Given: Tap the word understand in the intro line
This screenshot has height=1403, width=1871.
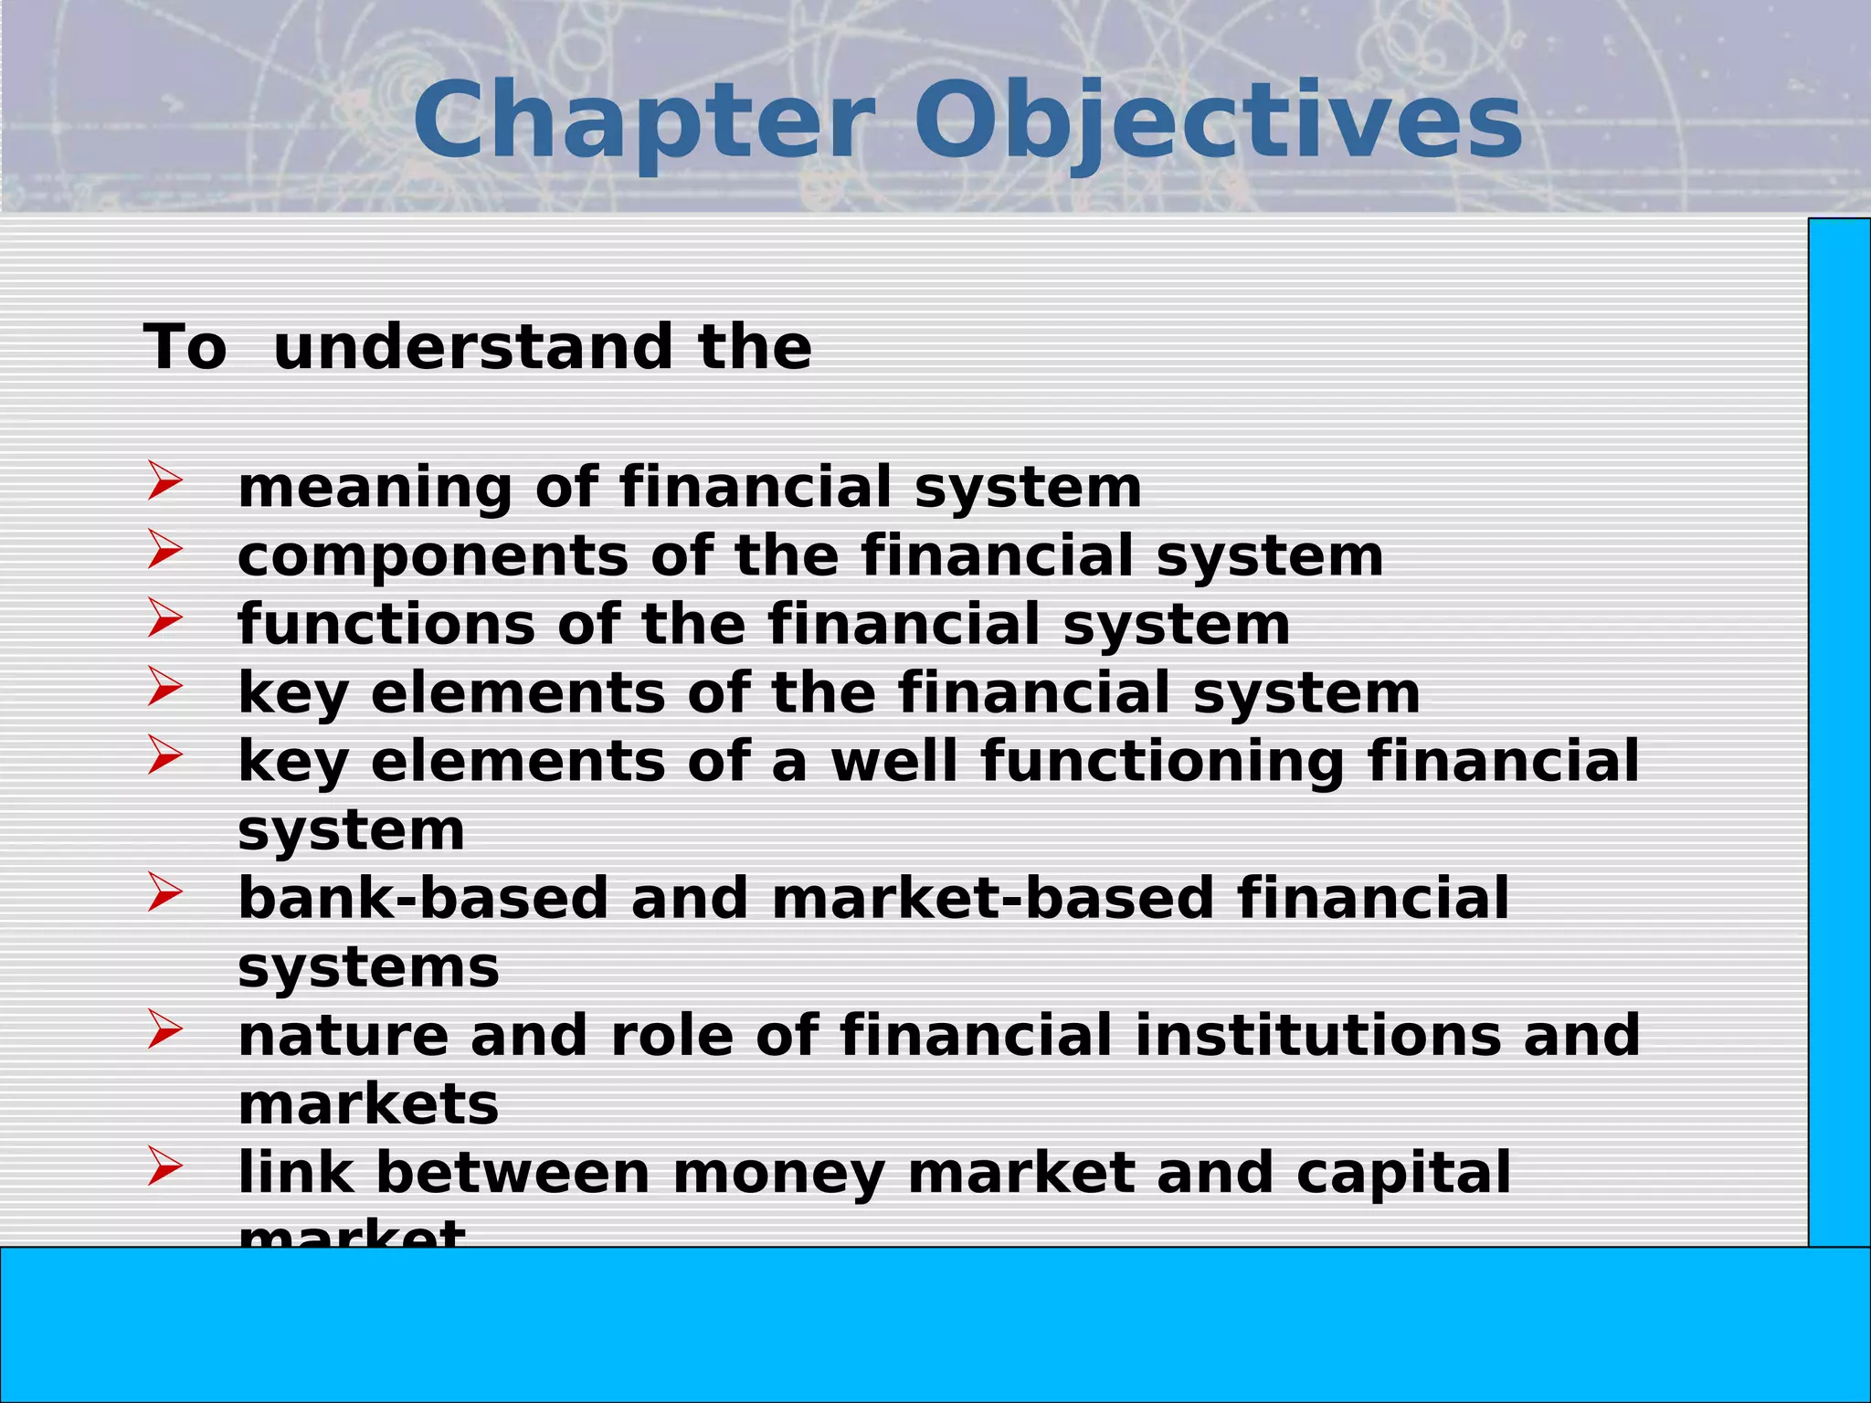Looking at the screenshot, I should (x=473, y=348).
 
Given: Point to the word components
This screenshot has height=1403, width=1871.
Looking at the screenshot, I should (x=433, y=556).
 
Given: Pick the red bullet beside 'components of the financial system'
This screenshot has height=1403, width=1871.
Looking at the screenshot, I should (x=164, y=550).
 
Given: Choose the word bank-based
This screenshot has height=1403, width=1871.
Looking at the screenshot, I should (x=423, y=898).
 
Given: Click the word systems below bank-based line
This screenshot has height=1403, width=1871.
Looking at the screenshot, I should (x=368, y=968).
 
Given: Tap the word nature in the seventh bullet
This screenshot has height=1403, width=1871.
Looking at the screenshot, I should (x=344, y=1036).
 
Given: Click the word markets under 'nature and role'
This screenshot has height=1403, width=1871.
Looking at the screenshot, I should (x=368, y=1104).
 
